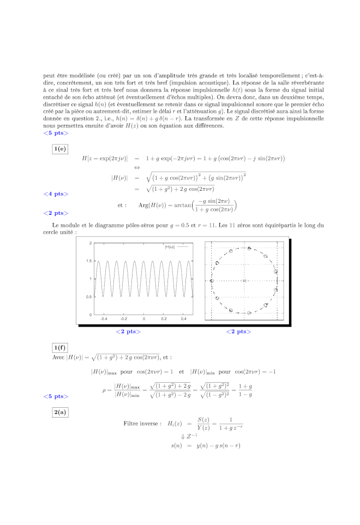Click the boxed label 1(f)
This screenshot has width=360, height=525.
(60, 348)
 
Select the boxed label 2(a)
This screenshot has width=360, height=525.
(60, 412)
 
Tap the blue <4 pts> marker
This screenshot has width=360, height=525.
(56, 194)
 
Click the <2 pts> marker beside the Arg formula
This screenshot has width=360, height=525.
(56, 213)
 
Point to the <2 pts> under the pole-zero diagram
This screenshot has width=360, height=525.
(239, 331)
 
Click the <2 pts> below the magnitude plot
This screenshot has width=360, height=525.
(128, 331)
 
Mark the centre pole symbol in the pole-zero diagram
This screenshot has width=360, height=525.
(244, 281)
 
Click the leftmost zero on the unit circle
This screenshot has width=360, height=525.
(212, 281)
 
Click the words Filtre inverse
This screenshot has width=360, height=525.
(142, 423)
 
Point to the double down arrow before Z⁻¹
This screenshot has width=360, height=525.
(183, 436)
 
